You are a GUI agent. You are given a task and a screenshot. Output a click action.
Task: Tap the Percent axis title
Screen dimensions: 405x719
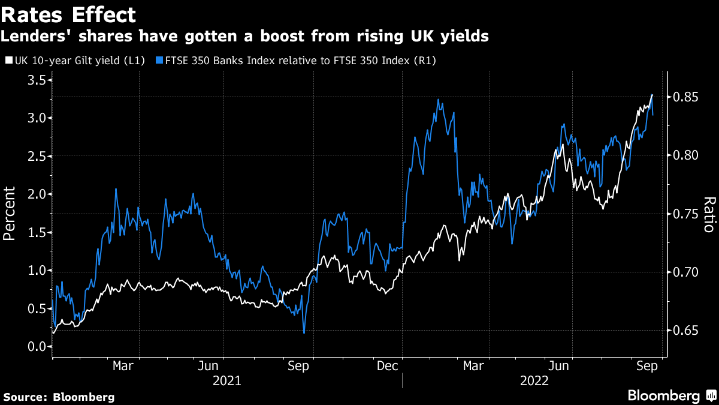click(10, 213)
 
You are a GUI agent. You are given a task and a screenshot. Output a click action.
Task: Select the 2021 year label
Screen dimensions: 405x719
click(227, 380)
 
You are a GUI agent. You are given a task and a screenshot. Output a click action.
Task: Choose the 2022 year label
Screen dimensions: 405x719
click(535, 380)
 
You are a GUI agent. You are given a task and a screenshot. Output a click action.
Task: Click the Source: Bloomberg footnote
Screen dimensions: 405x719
click(59, 397)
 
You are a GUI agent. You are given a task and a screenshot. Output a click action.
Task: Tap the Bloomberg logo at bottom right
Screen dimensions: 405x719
click(671, 396)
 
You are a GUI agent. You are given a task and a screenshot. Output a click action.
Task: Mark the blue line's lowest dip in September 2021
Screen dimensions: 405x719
click(304, 333)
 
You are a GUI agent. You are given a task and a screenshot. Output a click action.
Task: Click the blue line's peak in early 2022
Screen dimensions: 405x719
click(439, 100)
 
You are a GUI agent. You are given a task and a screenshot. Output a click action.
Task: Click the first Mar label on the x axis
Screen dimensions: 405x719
click(123, 365)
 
